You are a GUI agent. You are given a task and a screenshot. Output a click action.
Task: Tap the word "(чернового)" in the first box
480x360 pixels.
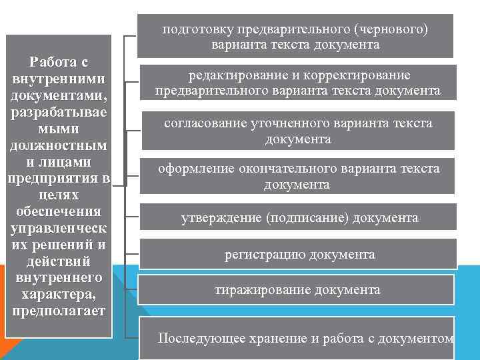coord(391,29)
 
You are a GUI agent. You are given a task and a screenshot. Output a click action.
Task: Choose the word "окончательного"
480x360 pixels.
coord(292,169)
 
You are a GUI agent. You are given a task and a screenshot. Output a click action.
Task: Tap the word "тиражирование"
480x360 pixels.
coord(259,290)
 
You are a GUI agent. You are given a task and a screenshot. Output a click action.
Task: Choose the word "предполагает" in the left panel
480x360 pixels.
coord(59,311)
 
